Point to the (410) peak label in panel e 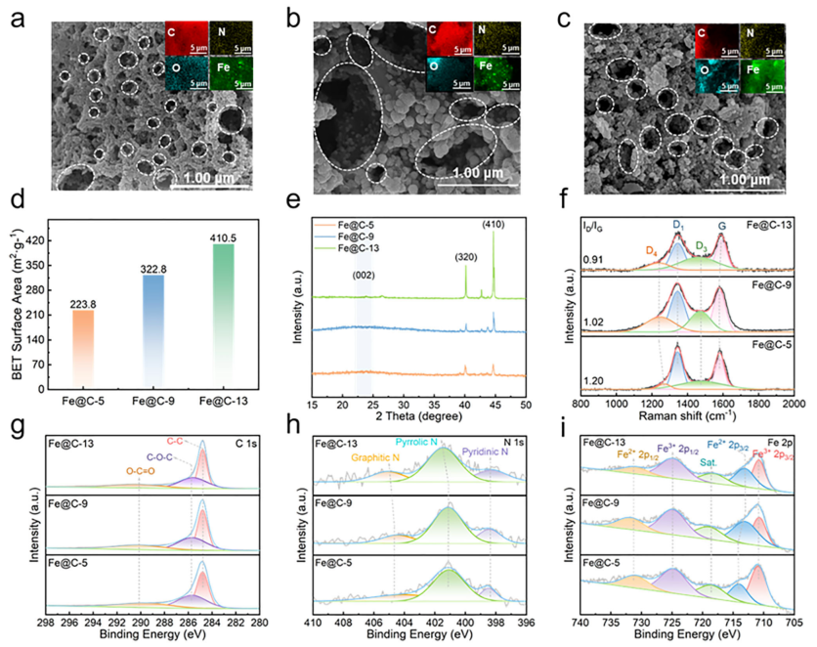click(x=492, y=227)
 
